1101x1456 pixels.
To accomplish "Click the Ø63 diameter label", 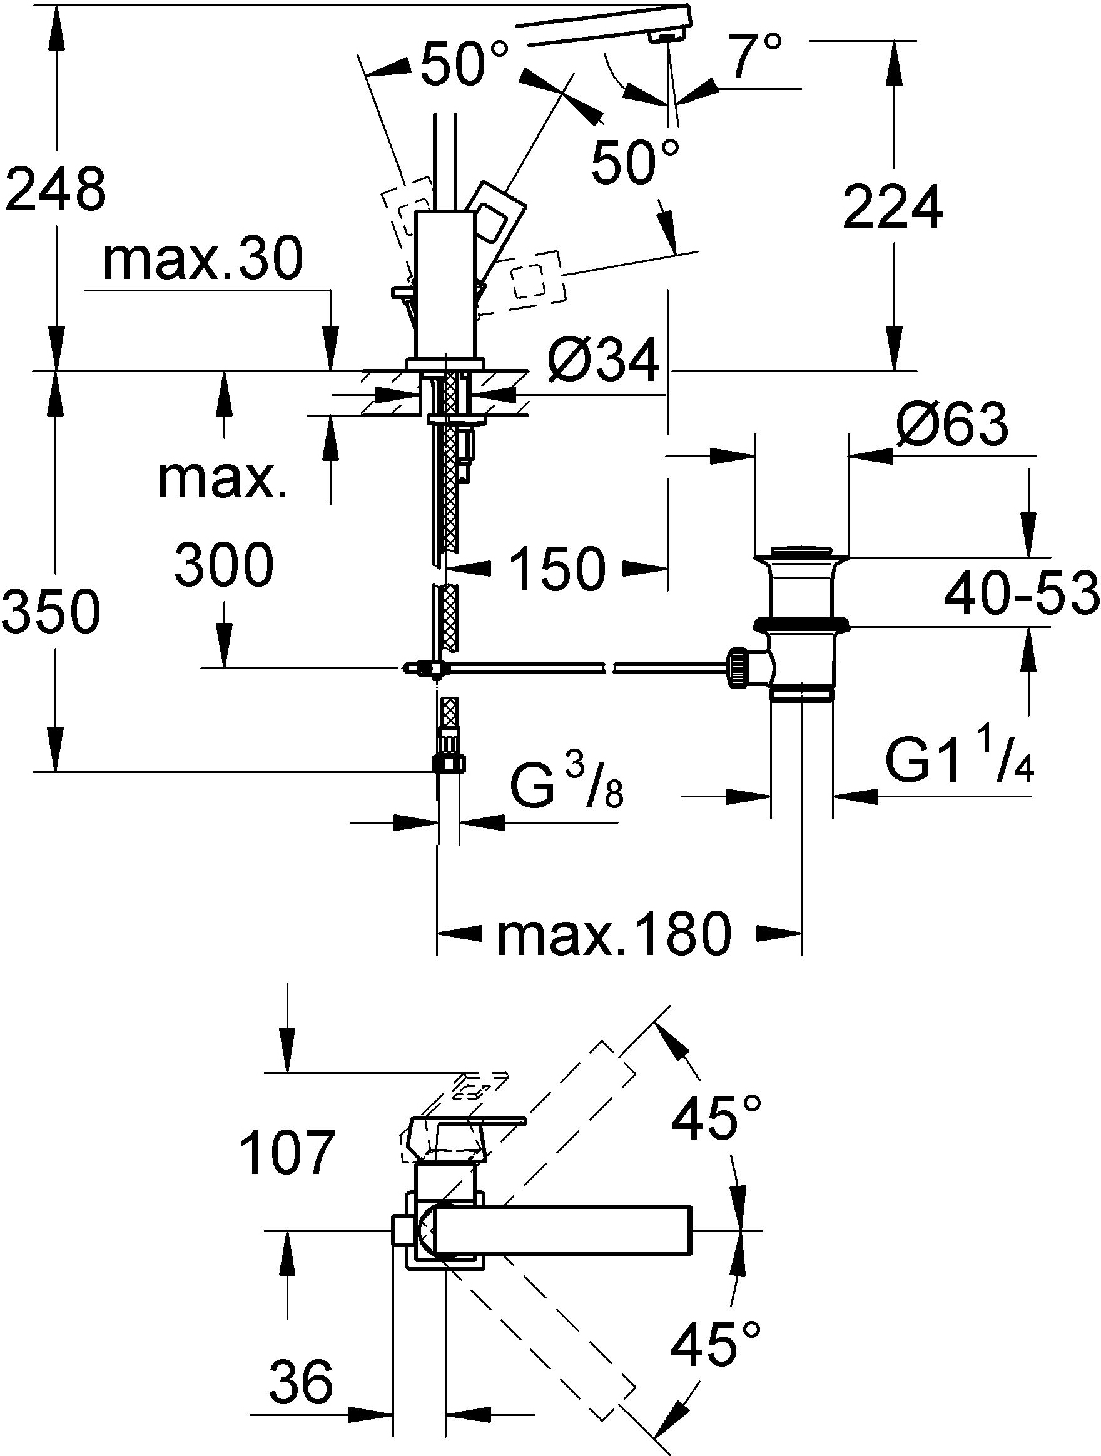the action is pos(952,424).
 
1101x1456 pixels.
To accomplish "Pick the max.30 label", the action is pos(203,259).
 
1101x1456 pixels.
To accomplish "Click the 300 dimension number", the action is pos(225,564).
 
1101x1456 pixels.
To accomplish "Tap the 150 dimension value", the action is pos(557,569).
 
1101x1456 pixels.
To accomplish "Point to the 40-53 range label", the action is pos(1022,594).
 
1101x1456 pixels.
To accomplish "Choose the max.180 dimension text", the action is pos(614,933).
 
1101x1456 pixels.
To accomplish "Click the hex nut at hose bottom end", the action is pos(448,763).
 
